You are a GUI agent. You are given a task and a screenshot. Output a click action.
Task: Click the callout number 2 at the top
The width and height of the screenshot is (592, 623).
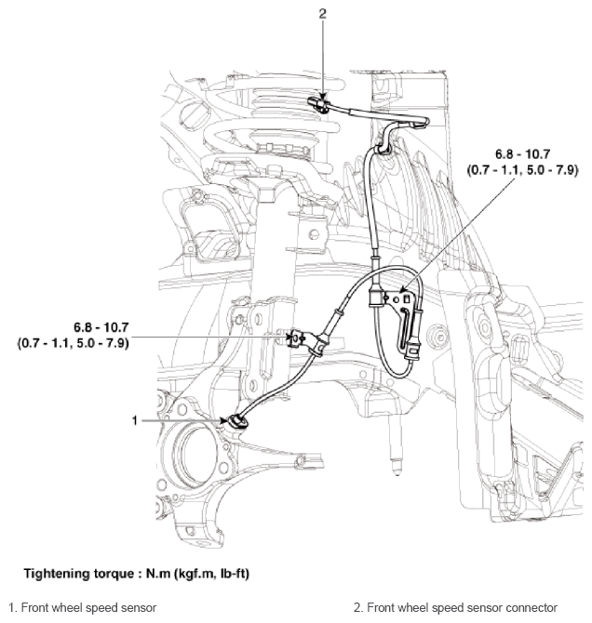(x=322, y=14)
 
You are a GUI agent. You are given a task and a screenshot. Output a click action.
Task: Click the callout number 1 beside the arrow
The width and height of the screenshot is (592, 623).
(x=135, y=419)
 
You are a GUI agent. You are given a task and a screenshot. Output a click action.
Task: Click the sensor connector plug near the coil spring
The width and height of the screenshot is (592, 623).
(x=320, y=102)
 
